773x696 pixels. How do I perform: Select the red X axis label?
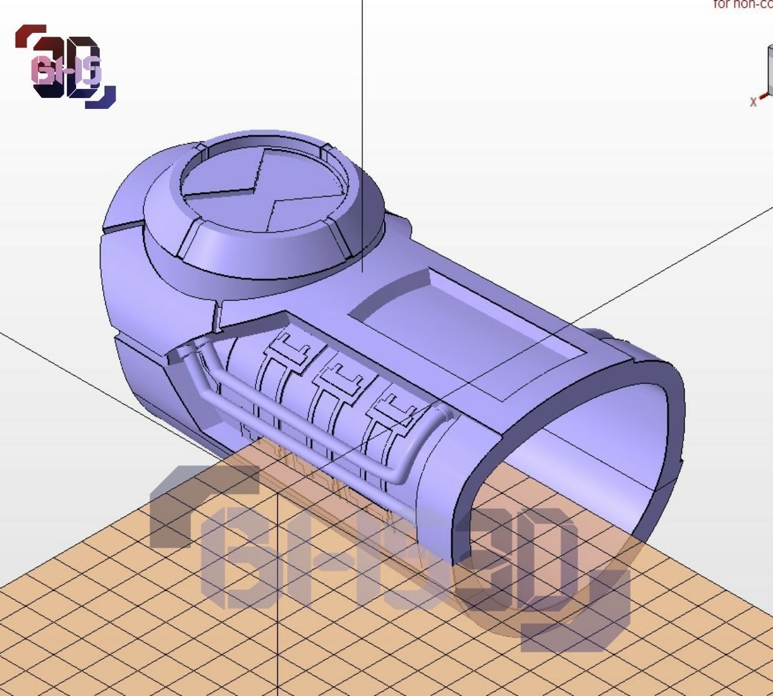[753, 102]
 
